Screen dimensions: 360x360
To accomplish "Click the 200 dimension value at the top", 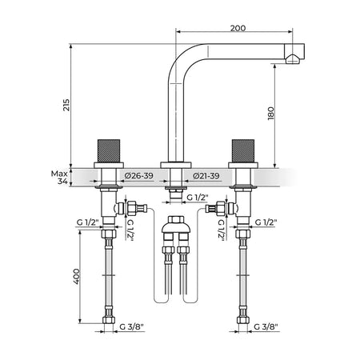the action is [238, 28].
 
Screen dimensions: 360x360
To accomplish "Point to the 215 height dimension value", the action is [66, 105].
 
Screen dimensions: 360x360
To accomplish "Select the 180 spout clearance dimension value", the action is [271, 114].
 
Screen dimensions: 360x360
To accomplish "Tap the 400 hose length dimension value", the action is [77, 276].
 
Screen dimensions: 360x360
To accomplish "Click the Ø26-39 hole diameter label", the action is [138, 176].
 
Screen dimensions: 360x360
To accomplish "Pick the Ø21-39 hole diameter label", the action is [206, 176].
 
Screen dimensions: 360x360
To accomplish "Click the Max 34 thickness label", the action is [59, 178].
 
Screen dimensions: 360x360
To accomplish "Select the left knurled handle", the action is [109, 151].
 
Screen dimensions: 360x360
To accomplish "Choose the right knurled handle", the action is [243, 151].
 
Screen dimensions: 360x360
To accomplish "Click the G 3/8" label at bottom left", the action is [131, 326].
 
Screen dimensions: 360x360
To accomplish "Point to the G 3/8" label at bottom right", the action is [266, 326].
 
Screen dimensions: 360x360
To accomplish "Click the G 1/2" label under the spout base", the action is [198, 198].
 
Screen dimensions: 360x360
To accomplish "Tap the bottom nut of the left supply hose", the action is [109, 320].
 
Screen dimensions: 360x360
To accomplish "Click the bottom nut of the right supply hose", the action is [243, 320].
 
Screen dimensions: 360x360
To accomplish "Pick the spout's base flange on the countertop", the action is [176, 165].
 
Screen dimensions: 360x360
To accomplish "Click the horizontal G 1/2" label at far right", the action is [266, 222].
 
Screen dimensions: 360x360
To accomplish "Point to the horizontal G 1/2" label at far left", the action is [88, 222].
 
